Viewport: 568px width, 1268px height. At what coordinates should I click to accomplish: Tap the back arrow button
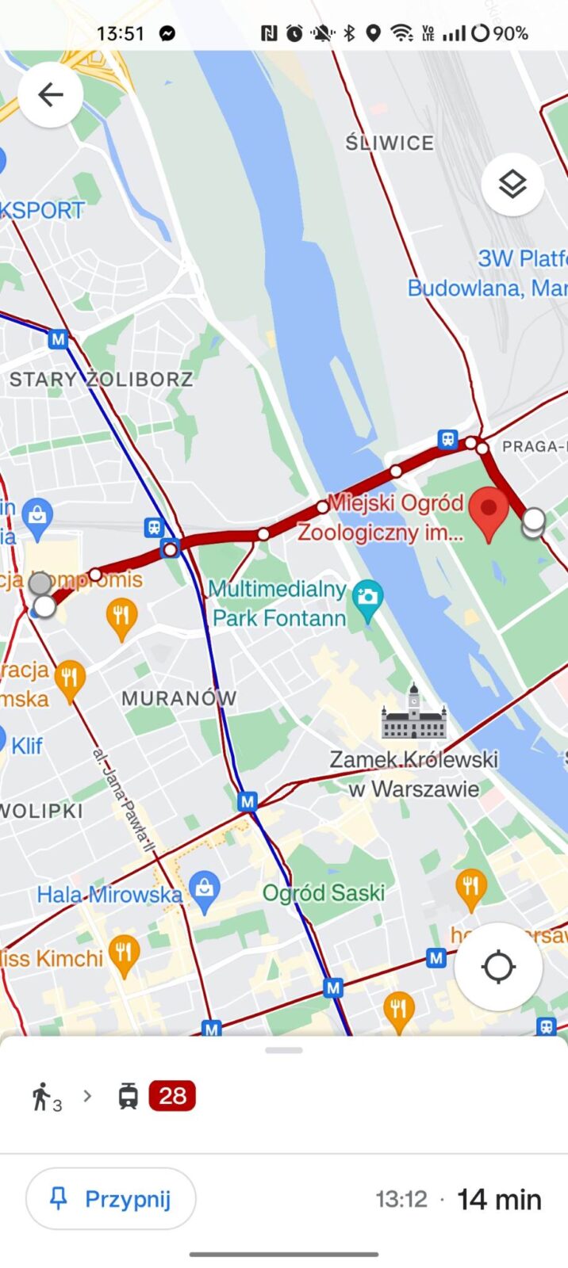click(50, 95)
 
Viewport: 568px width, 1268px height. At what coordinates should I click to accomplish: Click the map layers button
click(512, 185)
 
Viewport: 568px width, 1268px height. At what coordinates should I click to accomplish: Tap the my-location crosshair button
click(498, 967)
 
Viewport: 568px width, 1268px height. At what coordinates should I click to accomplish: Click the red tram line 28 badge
click(172, 1096)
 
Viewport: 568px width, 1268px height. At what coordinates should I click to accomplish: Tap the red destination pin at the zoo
click(489, 511)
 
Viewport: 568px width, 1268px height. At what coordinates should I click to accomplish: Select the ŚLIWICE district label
click(390, 143)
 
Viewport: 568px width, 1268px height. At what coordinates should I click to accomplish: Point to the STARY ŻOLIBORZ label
click(101, 379)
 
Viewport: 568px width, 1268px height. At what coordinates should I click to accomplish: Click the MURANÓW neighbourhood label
click(178, 698)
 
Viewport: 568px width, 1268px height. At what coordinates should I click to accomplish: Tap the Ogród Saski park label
click(324, 893)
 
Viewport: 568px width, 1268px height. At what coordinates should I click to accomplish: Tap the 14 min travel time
click(500, 1199)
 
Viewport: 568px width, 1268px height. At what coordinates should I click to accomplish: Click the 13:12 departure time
click(401, 1199)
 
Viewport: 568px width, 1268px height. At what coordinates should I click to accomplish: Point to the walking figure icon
click(41, 1096)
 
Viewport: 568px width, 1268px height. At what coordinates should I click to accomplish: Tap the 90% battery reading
click(510, 33)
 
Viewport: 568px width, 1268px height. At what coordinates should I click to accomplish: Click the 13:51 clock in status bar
click(121, 33)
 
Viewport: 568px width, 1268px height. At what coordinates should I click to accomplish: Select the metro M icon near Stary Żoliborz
click(57, 339)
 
